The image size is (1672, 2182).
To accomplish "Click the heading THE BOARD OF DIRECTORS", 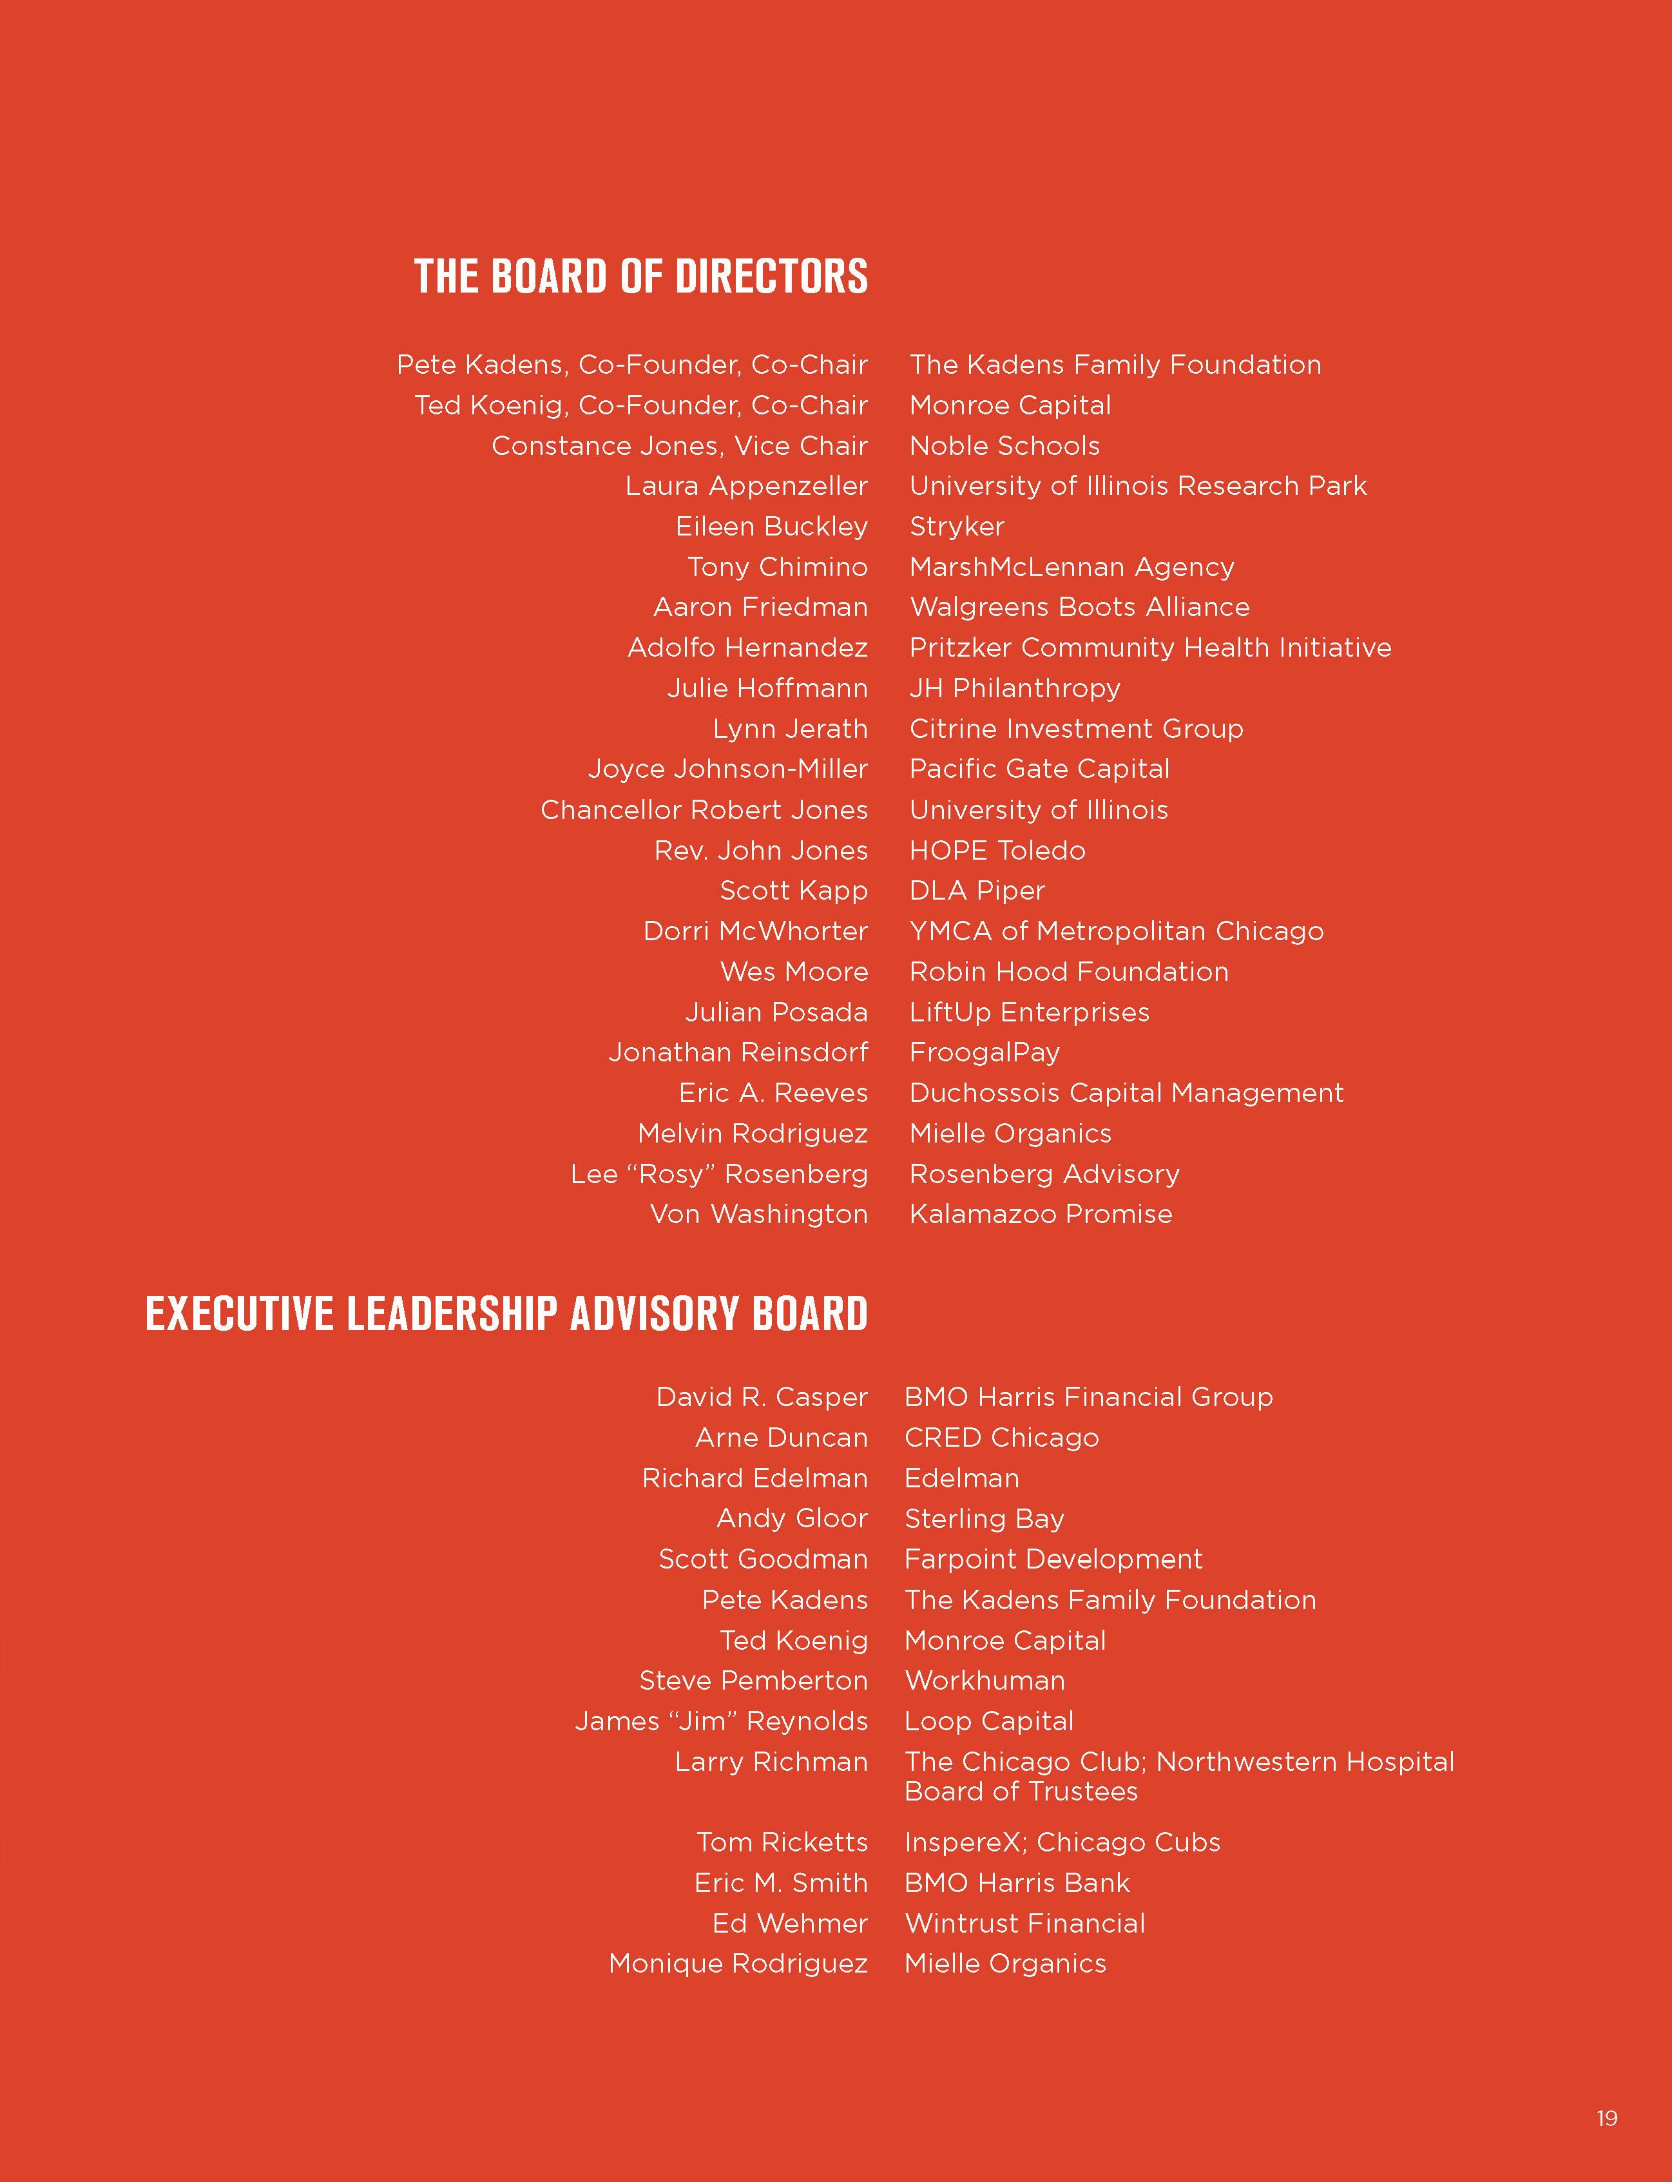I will pyautogui.click(x=641, y=276).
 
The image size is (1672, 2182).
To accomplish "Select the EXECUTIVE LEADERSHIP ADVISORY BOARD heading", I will pyautogui.click(x=506, y=1314).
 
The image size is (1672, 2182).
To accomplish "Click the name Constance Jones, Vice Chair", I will pyautogui.click(x=680, y=446).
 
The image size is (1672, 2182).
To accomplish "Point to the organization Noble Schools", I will pyautogui.click(x=1004, y=446).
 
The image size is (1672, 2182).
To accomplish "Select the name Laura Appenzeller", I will pyautogui.click(x=746, y=487).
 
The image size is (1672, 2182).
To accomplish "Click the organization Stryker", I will pyautogui.click(x=956, y=526).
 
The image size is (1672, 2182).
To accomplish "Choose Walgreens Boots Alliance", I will pyautogui.click(x=1079, y=607).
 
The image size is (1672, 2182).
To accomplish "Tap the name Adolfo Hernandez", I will pyautogui.click(x=747, y=648).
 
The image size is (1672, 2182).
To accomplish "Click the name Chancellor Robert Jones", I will pyautogui.click(x=704, y=810).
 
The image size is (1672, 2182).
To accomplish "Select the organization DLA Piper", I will pyautogui.click(x=976, y=891).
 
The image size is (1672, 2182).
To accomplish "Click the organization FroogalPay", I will pyautogui.click(x=985, y=1052).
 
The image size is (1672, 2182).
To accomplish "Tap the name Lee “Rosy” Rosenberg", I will pyautogui.click(x=718, y=1175).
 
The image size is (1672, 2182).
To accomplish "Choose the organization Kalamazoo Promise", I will pyautogui.click(x=1040, y=1215).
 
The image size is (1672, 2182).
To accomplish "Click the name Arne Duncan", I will pyautogui.click(x=782, y=1438).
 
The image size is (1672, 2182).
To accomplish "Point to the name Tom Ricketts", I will pyautogui.click(x=782, y=1842).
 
